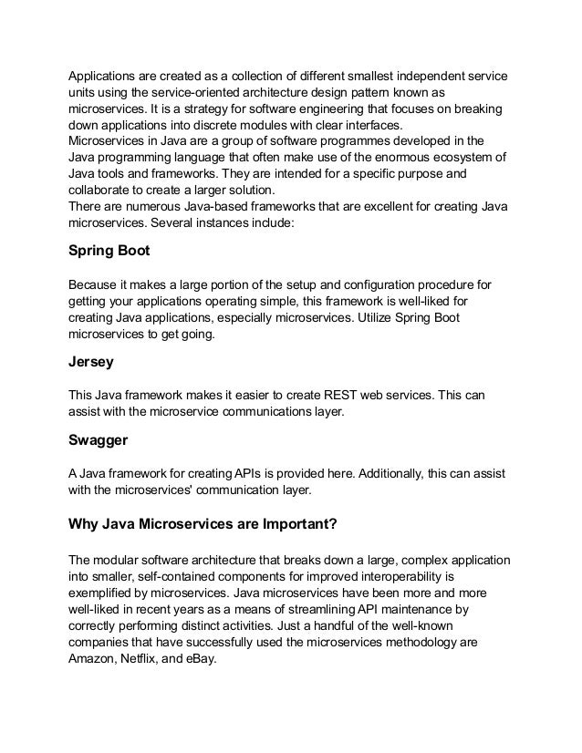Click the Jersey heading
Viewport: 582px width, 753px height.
91,361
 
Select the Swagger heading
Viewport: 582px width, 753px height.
99,442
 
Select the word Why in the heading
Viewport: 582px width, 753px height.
85,524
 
